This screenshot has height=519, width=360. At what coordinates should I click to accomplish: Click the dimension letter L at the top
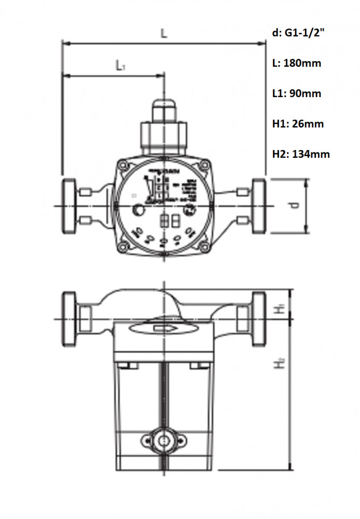164,33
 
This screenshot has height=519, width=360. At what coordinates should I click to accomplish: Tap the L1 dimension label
121,65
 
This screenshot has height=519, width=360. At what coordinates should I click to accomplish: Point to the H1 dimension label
281,307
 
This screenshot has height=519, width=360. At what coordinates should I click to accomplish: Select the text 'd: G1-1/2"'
299,33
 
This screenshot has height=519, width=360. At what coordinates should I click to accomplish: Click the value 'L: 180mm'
296,63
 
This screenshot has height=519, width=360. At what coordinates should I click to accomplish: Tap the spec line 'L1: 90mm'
296,93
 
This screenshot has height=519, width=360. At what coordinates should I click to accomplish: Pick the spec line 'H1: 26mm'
298,124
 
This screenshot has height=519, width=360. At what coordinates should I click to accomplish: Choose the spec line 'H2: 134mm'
301,154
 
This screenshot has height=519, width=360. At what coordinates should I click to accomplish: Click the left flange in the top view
68,206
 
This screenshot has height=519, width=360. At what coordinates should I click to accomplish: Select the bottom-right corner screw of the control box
205,246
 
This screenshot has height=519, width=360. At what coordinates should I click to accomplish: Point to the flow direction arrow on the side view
164,327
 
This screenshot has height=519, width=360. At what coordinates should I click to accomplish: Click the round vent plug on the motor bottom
164,441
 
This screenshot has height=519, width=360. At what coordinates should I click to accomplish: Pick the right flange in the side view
258,318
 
